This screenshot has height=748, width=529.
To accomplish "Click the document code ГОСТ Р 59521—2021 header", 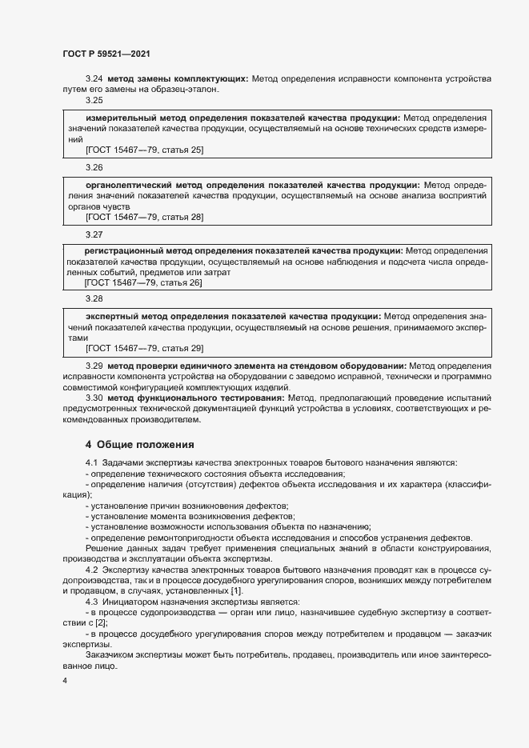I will (106, 54).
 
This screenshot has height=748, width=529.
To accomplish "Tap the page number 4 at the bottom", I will (64, 681).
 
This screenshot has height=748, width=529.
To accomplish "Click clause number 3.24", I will (94, 79).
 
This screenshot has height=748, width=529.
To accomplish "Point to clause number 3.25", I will (94, 100).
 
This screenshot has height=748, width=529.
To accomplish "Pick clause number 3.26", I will (94, 168).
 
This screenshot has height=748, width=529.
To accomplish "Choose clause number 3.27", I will (94, 235).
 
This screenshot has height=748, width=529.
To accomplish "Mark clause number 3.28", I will (94, 298).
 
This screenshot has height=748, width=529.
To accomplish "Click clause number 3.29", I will (94, 366).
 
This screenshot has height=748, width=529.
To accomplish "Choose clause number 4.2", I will (92, 569).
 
